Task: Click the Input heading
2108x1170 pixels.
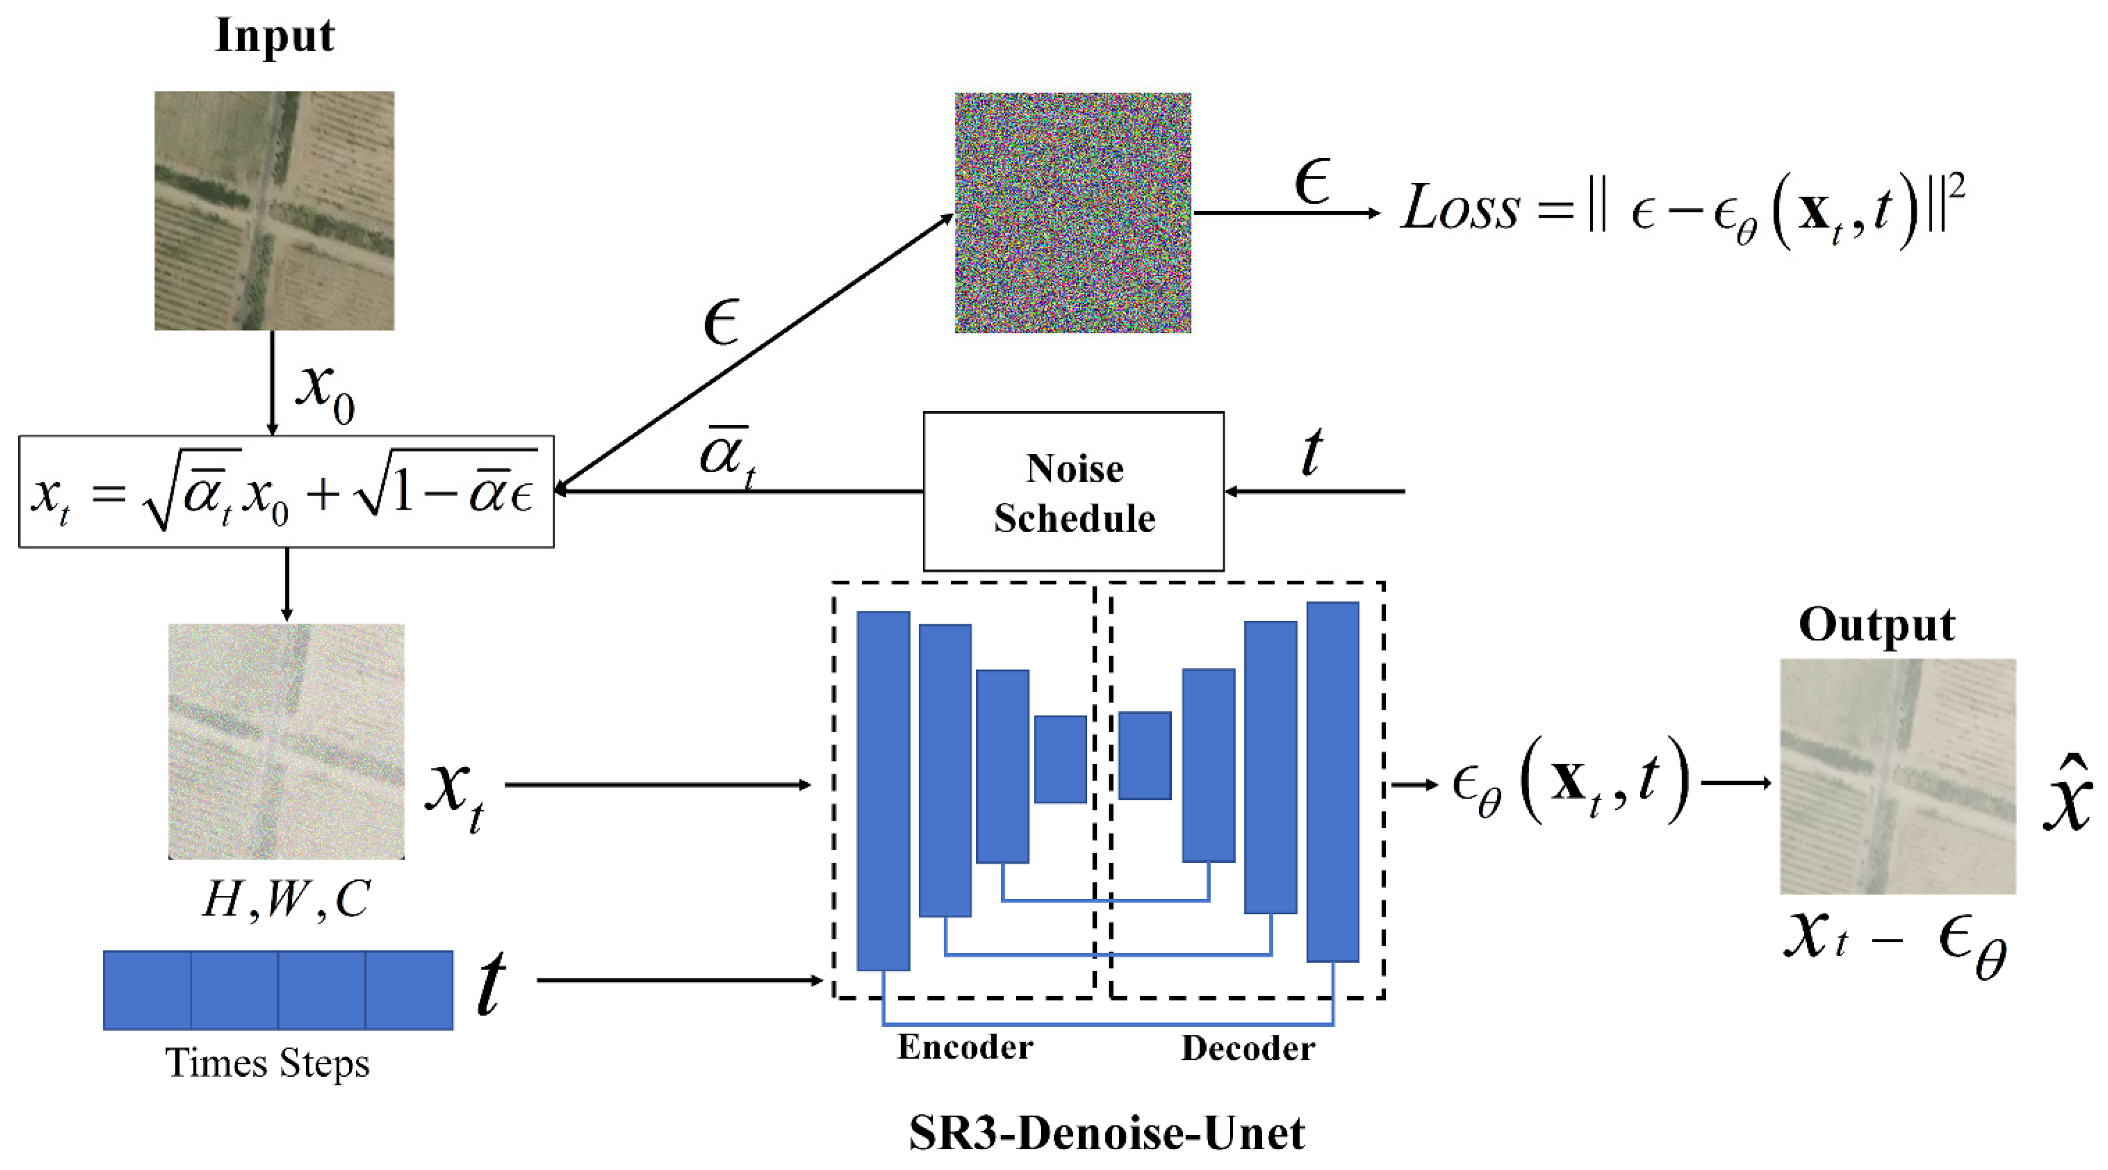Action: tap(274, 36)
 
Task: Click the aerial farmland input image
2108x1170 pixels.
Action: tap(274, 210)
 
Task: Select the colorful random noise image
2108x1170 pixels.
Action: tap(1073, 213)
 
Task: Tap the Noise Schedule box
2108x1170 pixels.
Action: tap(1074, 491)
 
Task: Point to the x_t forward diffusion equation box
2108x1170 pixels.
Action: tap(286, 491)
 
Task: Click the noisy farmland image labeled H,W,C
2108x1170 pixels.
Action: tap(286, 741)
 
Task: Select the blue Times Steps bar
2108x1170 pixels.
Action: tap(278, 989)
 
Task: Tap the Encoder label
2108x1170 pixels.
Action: tap(965, 1047)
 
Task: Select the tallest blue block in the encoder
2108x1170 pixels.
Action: tap(883, 791)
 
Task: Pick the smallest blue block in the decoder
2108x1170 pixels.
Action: tap(1145, 755)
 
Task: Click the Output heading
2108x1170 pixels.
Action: tap(1877, 625)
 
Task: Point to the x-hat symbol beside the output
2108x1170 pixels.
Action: tap(2068, 794)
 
